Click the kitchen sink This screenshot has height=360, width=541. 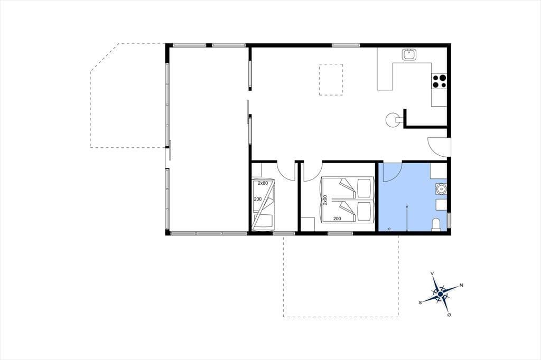coord(409,54)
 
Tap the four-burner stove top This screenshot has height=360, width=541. coord(439,81)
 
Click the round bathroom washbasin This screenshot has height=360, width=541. coord(441,188)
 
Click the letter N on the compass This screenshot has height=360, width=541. coord(461,285)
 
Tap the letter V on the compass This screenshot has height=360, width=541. coord(432,273)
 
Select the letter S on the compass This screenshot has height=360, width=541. coord(420,302)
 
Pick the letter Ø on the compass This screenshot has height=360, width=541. coord(449,315)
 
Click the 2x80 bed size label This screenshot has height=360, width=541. coord(263,183)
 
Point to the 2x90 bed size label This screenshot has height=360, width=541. coord(325,200)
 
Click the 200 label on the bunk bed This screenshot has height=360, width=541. coord(257,199)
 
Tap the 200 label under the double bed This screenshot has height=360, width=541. coord(337,219)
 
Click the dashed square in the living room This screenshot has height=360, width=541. coord(331,80)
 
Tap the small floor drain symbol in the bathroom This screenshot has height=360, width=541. coord(389,228)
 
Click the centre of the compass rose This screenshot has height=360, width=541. coord(440,294)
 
